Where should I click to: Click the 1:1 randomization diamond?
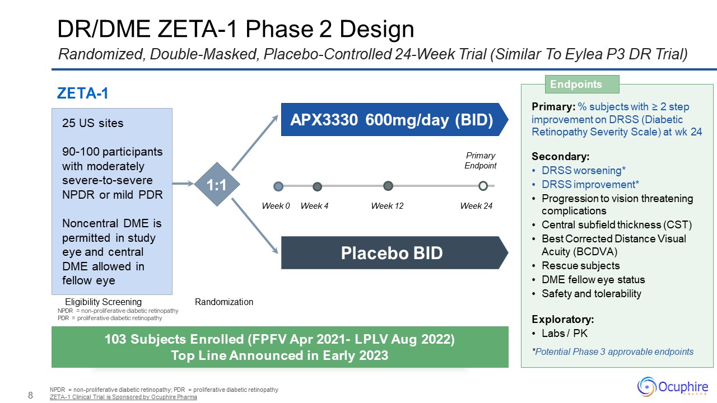pos(217,184)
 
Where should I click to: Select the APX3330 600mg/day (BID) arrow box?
pos(394,120)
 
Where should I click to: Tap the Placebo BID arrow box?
pos(394,252)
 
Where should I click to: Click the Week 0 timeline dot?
pos(278,186)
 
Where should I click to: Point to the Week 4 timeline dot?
pos(317,186)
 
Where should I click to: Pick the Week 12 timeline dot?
pos(388,186)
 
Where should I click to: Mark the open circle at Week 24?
pos(483,186)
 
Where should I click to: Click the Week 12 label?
pos(387,205)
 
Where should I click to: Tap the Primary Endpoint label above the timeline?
pos(481,161)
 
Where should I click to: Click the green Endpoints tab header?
pos(582,84)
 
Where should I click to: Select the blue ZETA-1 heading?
pos(82,93)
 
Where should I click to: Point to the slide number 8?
pos(30,395)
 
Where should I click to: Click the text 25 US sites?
pos(92,123)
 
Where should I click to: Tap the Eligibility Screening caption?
pos(103,302)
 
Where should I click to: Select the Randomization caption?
pos(224,302)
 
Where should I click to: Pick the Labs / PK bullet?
pos(560,333)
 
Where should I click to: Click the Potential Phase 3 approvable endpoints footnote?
pos(613,352)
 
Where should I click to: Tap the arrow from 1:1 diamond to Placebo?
pos(255,226)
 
